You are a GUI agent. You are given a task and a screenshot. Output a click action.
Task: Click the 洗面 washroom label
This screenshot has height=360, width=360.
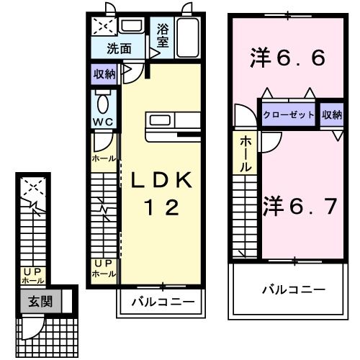tap(120, 49)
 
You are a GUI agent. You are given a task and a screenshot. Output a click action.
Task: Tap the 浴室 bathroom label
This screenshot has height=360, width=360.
tap(162, 37)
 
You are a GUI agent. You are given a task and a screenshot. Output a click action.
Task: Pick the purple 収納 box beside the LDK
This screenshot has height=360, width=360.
tap(104, 73)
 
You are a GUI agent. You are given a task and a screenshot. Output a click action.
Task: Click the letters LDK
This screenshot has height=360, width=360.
tap(161, 181)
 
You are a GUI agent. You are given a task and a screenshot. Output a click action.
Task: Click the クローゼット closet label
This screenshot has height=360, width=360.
tap(289, 114)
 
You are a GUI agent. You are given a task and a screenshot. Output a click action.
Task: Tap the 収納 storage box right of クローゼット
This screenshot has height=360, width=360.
tap(332, 114)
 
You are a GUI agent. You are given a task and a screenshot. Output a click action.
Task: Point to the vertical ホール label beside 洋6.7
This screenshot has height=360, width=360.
tap(246, 153)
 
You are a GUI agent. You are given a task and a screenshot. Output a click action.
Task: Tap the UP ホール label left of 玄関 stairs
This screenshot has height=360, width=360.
tap(32, 275)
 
